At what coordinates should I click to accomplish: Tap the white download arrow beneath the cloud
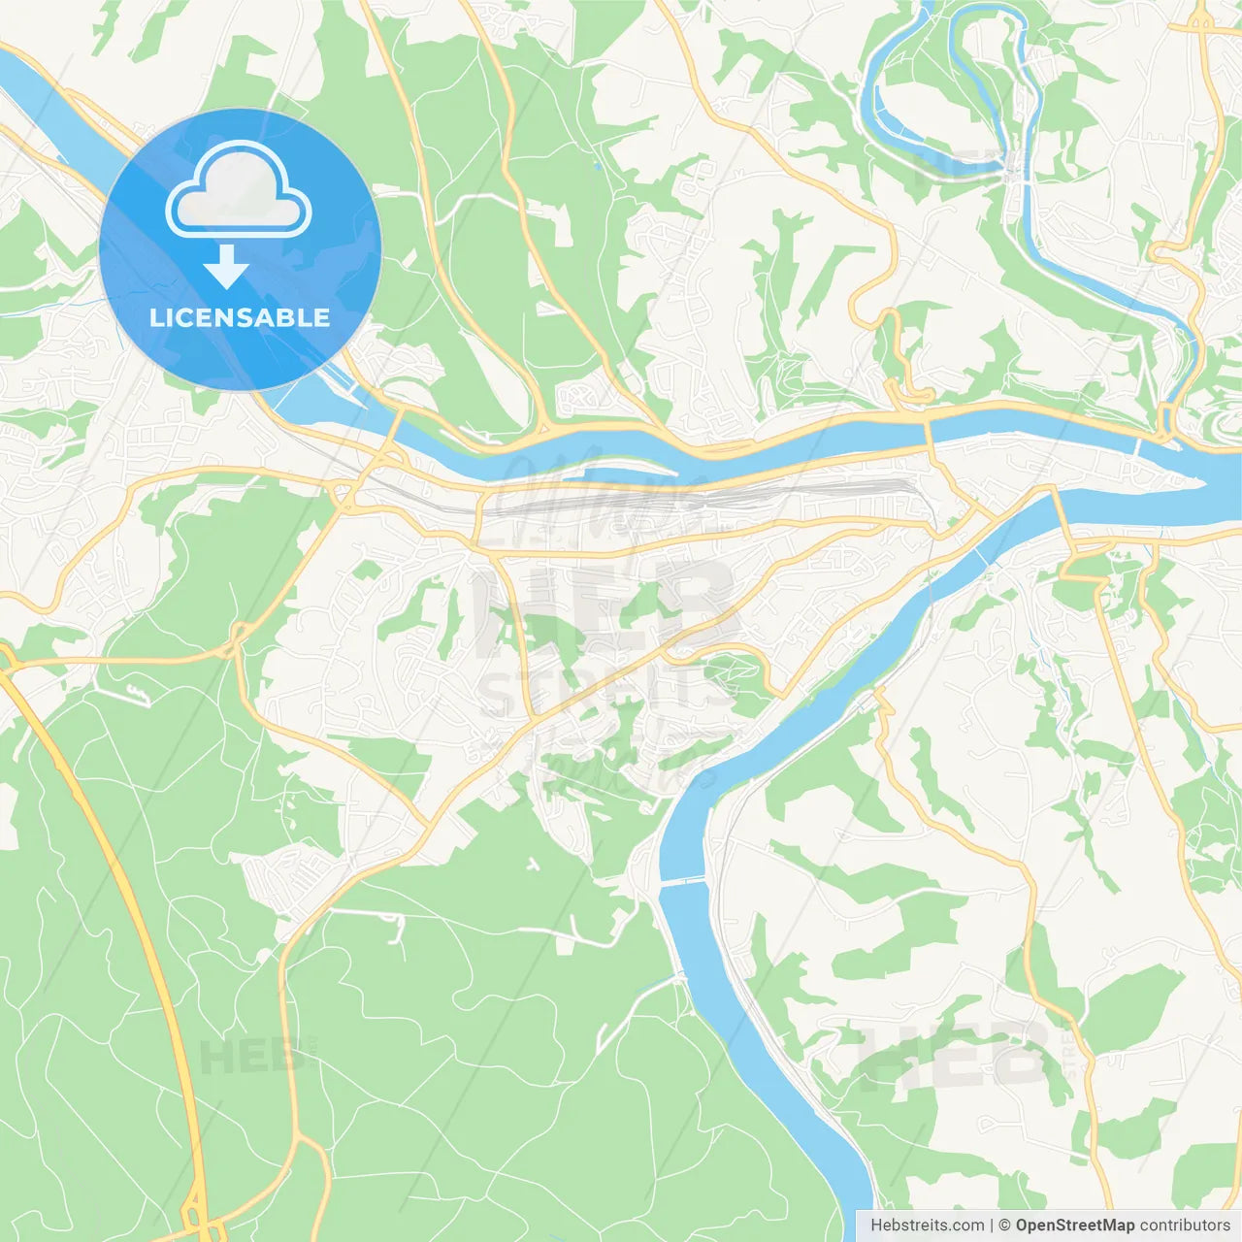(x=226, y=267)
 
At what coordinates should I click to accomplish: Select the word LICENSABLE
(x=240, y=317)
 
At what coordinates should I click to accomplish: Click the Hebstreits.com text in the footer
(x=927, y=1226)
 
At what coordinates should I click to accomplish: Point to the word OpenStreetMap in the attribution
(x=1074, y=1226)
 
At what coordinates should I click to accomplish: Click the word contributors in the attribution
(x=1185, y=1226)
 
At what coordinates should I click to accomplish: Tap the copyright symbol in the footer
(x=1004, y=1226)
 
